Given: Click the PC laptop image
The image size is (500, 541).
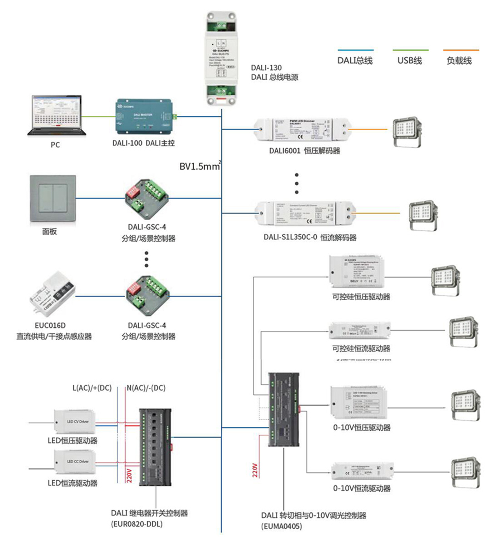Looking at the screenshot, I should (x=56, y=115).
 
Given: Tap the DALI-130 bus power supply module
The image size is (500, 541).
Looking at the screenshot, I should (x=221, y=59).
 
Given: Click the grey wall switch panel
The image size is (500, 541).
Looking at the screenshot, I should (x=53, y=199).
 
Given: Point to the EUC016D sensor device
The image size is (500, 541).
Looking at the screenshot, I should (x=52, y=294).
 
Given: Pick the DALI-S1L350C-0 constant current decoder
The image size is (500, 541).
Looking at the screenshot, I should (x=305, y=214).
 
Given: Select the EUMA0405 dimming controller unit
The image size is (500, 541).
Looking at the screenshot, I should (x=284, y=409).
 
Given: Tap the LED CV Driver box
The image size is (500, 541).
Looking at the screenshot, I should (x=75, y=422).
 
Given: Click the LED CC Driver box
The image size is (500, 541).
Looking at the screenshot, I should (x=75, y=461).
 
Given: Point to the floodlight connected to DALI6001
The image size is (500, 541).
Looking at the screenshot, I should (x=406, y=131).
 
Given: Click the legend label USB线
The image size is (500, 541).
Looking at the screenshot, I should (x=410, y=61).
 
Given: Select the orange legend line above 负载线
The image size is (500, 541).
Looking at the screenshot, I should (x=461, y=50).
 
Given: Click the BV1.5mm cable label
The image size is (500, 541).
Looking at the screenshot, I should (x=199, y=166).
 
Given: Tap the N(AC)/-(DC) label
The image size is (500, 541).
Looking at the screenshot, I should (x=146, y=388).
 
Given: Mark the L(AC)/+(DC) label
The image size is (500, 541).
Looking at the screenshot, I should (x=92, y=388).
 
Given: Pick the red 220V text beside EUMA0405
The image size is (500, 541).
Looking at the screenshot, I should (x=255, y=470).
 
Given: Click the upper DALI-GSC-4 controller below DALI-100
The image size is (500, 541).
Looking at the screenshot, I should (x=146, y=199).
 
